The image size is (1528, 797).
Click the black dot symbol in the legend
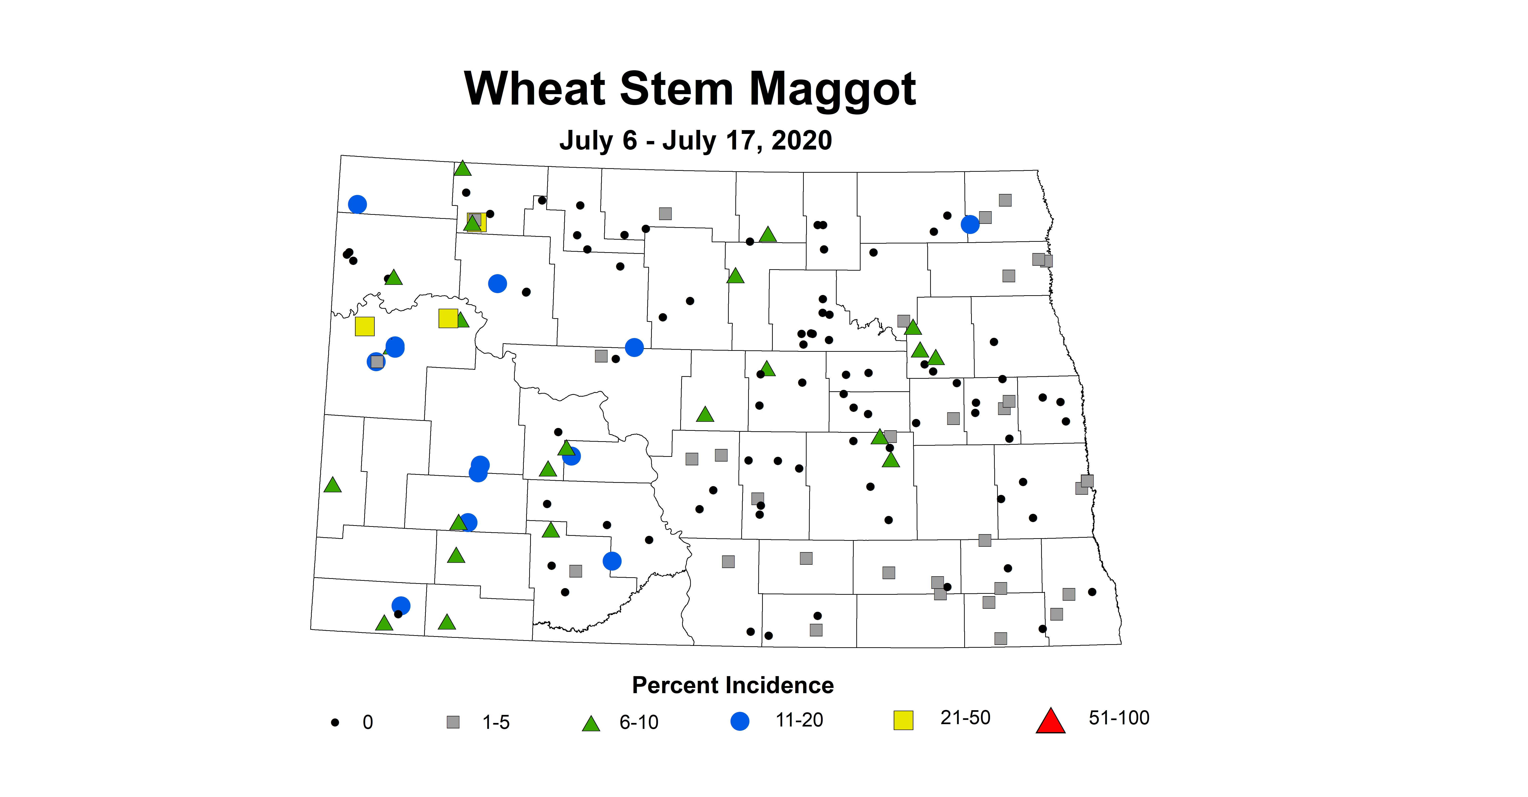click(335, 722)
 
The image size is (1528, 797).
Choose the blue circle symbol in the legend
click(740, 721)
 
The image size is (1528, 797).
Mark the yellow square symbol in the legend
click(903, 720)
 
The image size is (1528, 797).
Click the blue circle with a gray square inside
click(376, 361)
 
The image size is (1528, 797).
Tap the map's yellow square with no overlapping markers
click(365, 326)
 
